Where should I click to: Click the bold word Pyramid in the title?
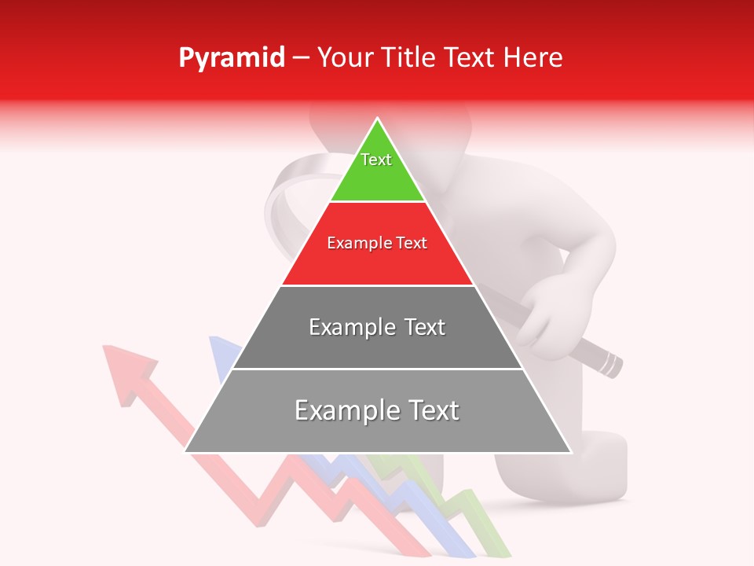point(232,58)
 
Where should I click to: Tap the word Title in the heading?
point(411,58)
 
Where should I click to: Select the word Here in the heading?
point(533,58)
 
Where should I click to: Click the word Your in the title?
point(346,58)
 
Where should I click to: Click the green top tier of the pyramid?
point(377,177)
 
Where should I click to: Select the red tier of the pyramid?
point(377,263)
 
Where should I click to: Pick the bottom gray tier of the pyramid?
point(377,428)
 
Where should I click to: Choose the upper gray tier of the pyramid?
point(377,346)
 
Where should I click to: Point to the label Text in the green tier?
point(376,160)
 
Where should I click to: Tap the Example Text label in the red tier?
point(377,243)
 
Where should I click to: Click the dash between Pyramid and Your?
point(301,58)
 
